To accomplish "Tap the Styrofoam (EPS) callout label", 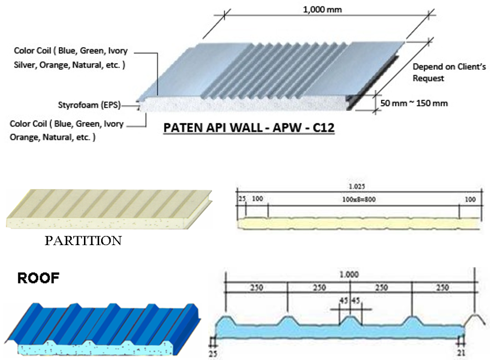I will [89, 105].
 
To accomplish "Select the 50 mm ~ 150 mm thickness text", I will [414, 103].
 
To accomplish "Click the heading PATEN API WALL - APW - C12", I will [248, 129].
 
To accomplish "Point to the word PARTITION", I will [83, 241].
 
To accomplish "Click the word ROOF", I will [38, 278].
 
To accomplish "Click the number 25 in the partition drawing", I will [241, 199].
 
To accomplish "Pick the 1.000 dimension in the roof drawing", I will [349, 275].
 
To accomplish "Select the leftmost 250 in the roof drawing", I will [256, 287].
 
